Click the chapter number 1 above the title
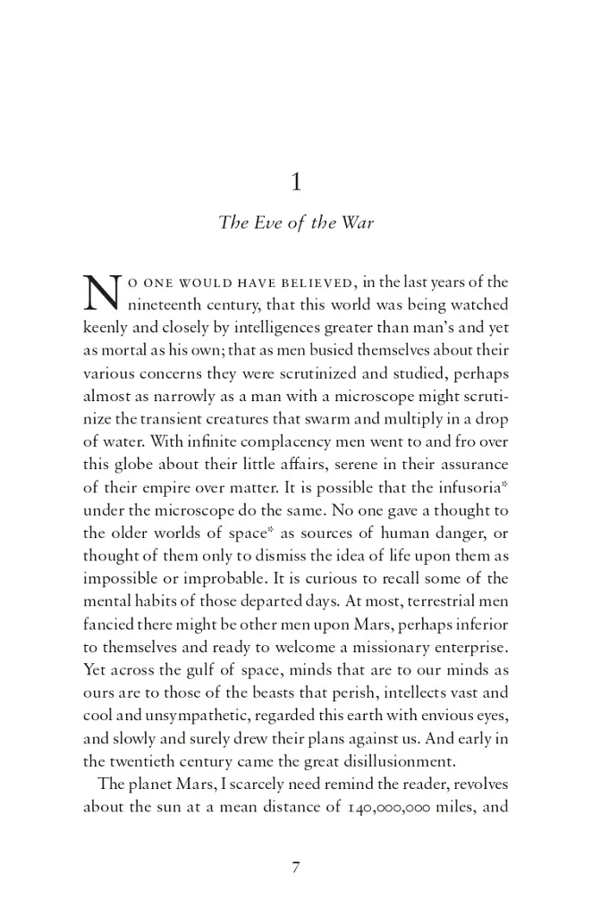296,183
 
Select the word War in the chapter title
357,222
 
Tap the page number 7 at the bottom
295,867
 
